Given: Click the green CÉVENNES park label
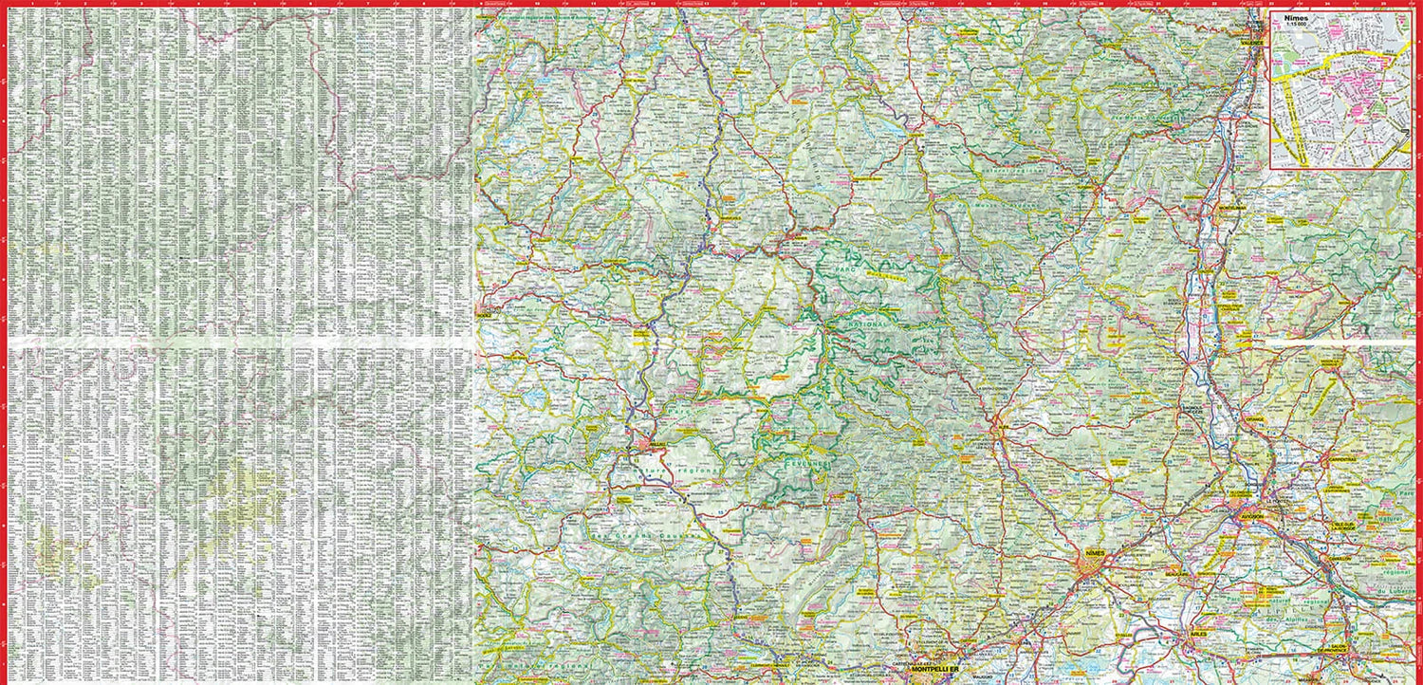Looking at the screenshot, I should [x=804, y=463].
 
